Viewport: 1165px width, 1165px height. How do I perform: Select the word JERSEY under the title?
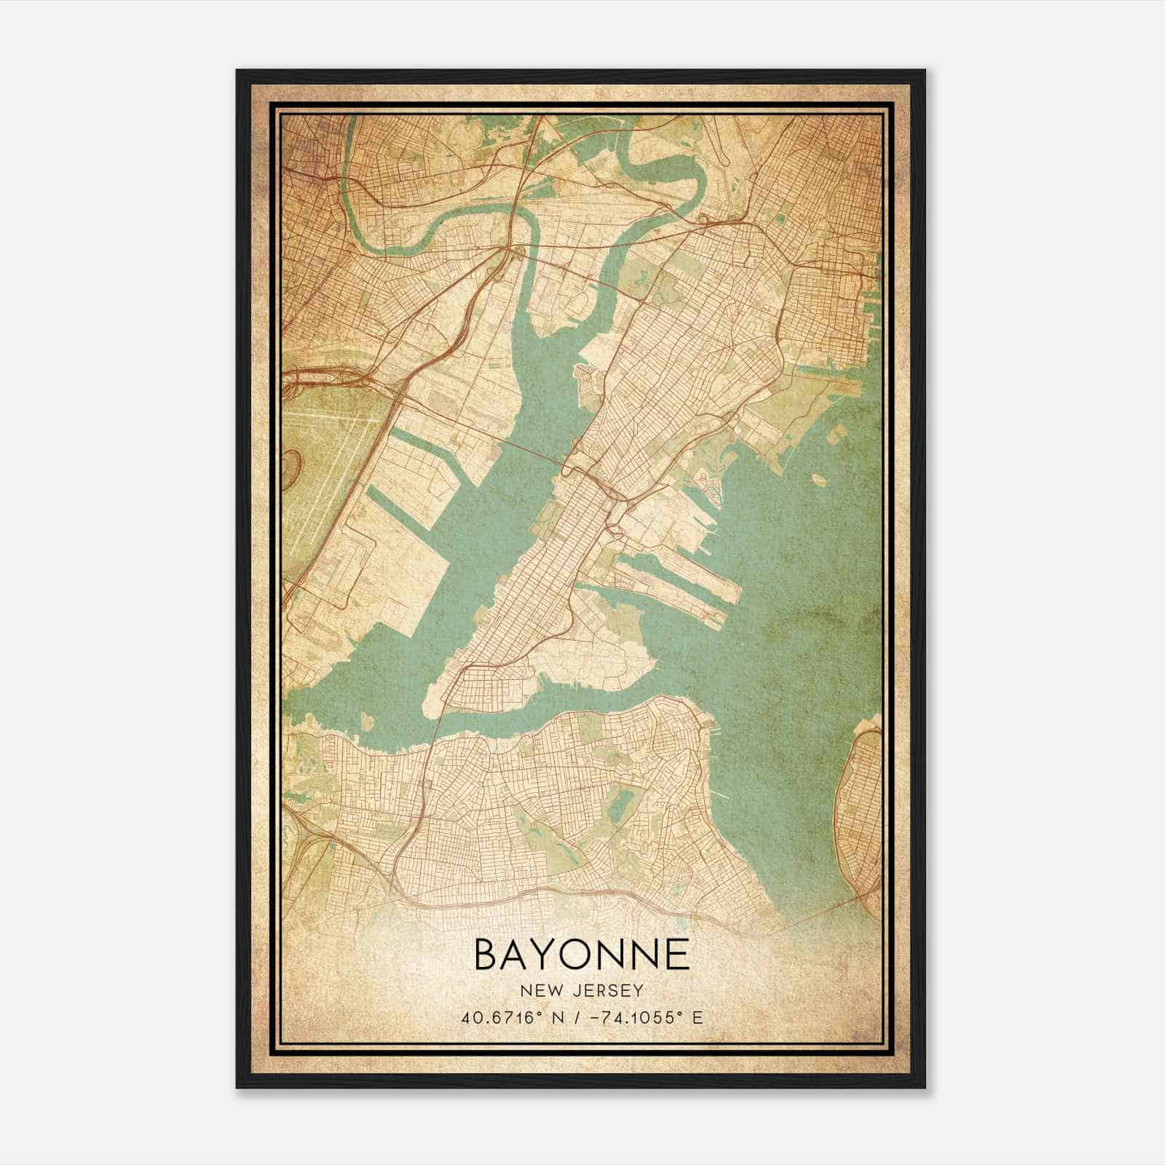[603, 990]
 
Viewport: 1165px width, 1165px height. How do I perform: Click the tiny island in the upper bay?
[817, 481]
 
